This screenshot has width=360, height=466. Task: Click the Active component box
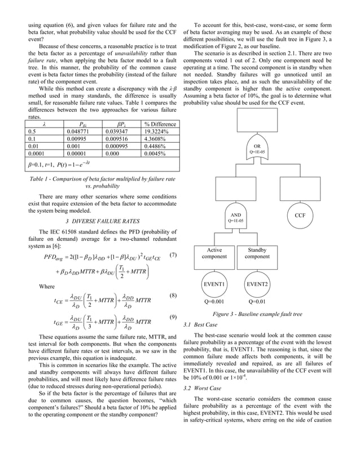click(x=214, y=253)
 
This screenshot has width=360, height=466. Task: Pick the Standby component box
click(x=257, y=253)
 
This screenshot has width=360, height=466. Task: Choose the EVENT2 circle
click(x=257, y=284)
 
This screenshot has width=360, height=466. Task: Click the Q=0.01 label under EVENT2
click(x=257, y=302)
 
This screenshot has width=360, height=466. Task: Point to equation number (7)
click(x=174, y=255)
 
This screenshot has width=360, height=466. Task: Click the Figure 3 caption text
click(x=257, y=314)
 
